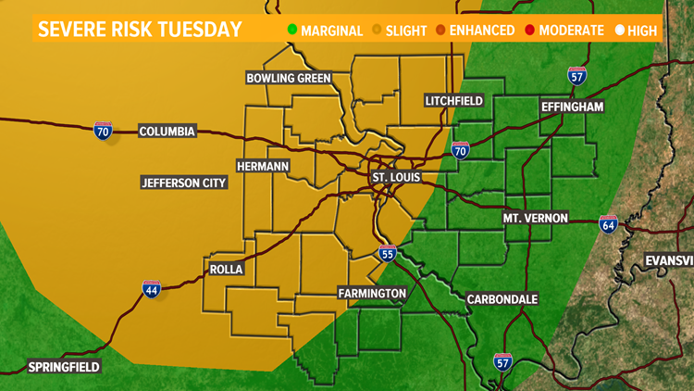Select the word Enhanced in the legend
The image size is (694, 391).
(x=482, y=31)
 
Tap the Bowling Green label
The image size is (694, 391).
(x=289, y=78)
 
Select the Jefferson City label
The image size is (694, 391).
(x=184, y=183)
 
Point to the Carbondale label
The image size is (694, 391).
(x=502, y=299)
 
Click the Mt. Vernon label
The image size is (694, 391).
(x=537, y=218)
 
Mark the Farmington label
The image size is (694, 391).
(x=372, y=294)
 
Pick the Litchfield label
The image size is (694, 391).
(x=455, y=100)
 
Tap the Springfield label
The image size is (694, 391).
(x=63, y=366)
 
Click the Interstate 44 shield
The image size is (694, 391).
(x=152, y=289)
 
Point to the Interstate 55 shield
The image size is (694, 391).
(x=388, y=254)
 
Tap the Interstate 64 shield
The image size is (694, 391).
(x=608, y=224)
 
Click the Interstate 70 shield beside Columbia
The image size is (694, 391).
(x=103, y=131)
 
